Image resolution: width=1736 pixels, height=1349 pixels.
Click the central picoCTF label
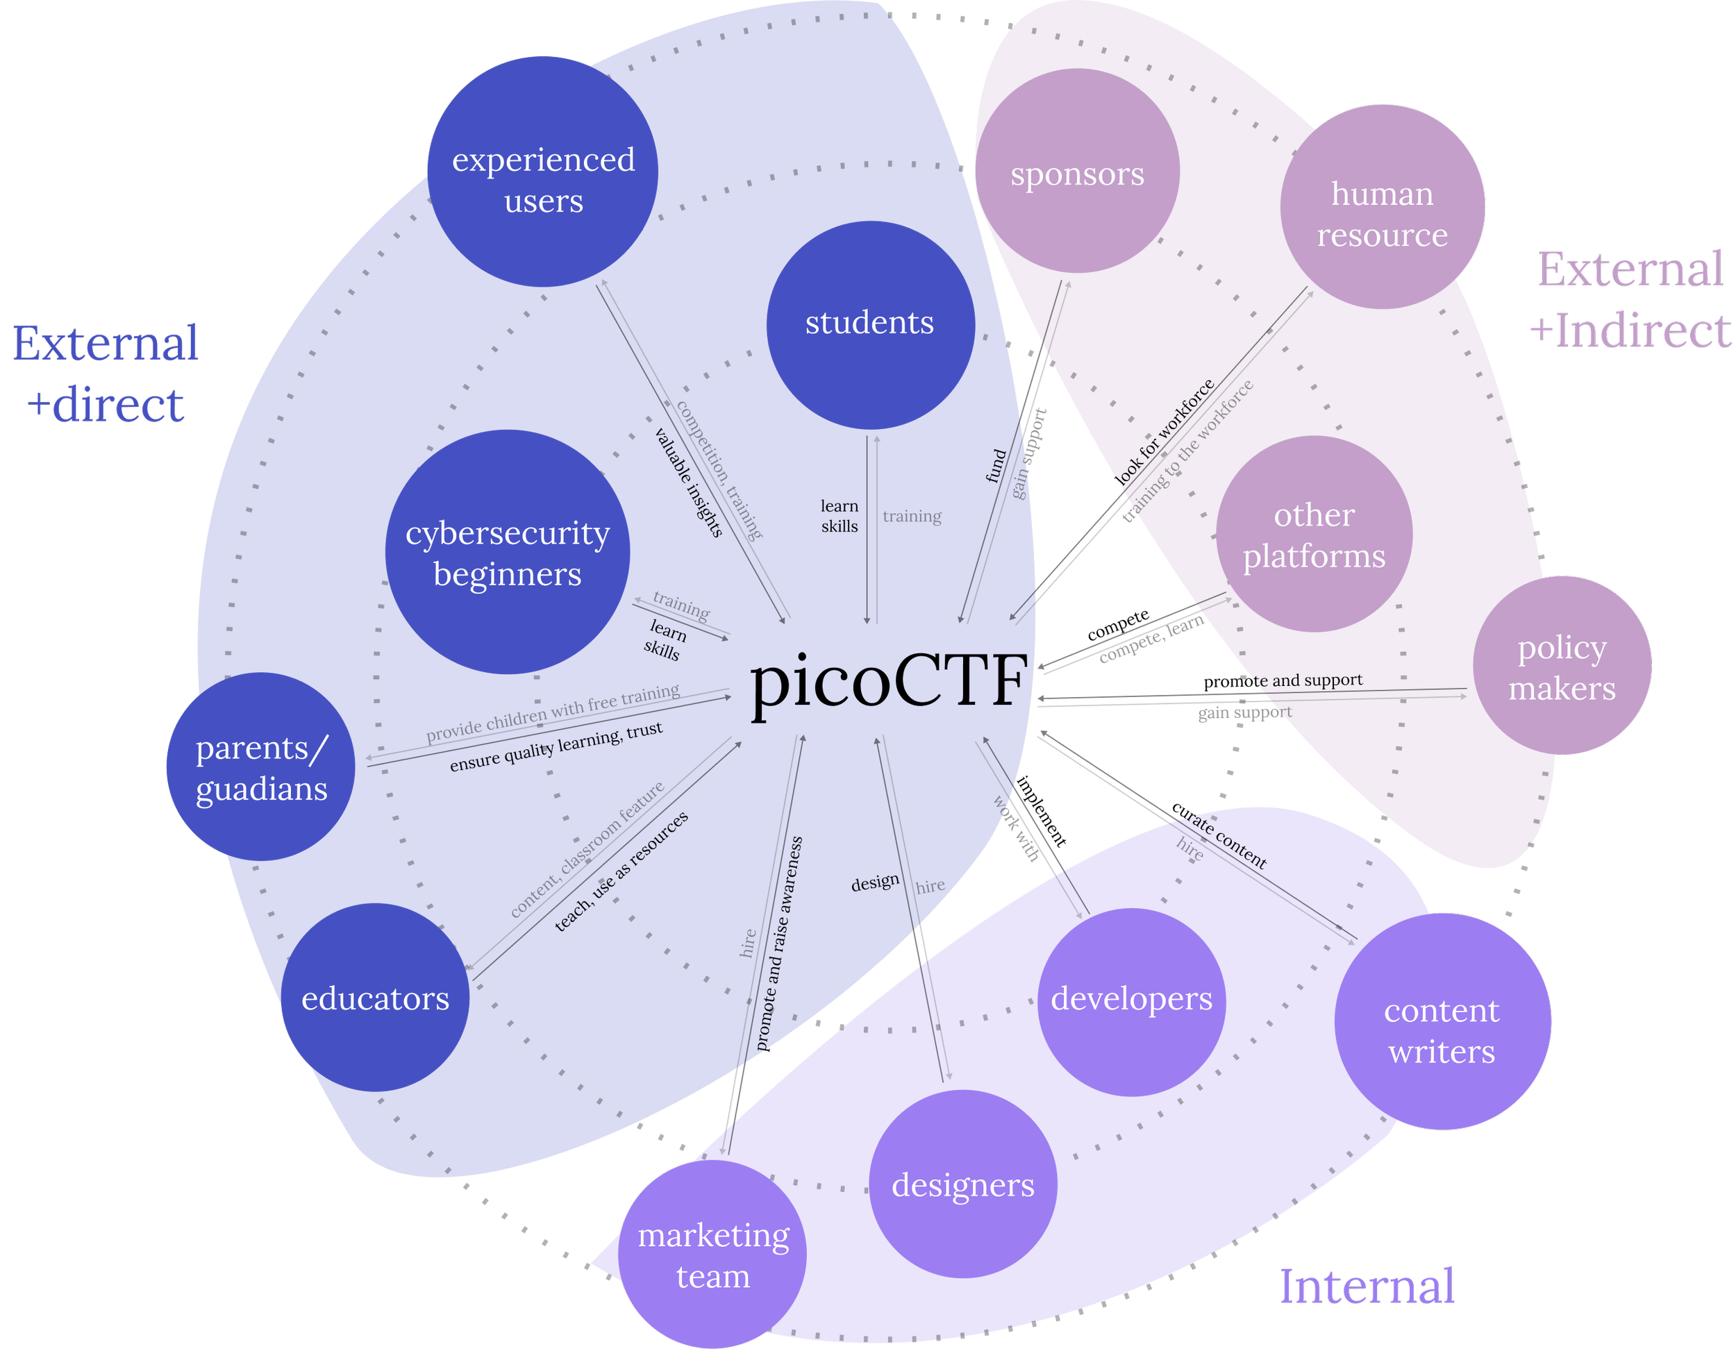pyautogui.click(x=889, y=681)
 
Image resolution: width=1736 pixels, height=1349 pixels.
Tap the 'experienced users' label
pyautogui.click(x=544, y=181)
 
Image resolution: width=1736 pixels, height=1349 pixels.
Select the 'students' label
pyautogui.click(x=869, y=323)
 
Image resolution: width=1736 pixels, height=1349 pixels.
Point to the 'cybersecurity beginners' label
pyautogui.click(x=507, y=553)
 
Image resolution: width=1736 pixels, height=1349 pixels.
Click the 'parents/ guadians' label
pyautogui.click(x=262, y=769)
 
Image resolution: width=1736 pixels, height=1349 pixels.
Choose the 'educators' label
pyautogui.click(x=375, y=998)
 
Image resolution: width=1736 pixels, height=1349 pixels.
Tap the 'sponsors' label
pyautogui.click(x=1077, y=174)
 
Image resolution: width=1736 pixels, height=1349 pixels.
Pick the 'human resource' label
pyautogui.click(x=1383, y=215)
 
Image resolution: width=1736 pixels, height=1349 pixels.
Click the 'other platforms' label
pyautogui.click(x=1314, y=536)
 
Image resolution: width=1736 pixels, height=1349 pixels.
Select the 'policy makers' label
pyautogui.click(x=1562, y=669)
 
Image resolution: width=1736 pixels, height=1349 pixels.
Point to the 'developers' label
pyautogui.click(x=1131, y=998)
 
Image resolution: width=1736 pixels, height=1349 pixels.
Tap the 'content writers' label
pyautogui.click(x=1441, y=1031)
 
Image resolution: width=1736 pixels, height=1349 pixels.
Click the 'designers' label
pyautogui.click(x=962, y=1185)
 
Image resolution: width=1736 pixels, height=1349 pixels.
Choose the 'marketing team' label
pyautogui.click(x=713, y=1256)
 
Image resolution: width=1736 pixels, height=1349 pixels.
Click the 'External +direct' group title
pyautogui.click(x=105, y=374)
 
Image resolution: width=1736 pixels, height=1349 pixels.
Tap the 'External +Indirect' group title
pyautogui.click(x=1631, y=300)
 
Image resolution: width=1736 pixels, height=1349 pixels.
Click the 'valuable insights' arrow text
pyautogui.click(x=688, y=483)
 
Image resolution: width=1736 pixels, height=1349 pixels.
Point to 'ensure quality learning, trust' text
pyautogui.click(x=556, y=746)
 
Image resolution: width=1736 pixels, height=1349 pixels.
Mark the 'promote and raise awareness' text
pyautogui.click(x=778, y=943)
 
